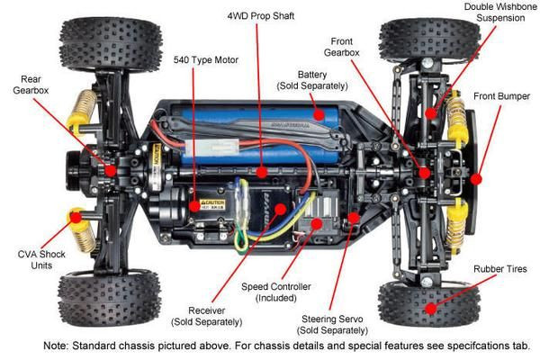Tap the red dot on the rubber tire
[431, 309]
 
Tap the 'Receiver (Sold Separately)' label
[207, 314]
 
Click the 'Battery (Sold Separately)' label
[306, 79]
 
